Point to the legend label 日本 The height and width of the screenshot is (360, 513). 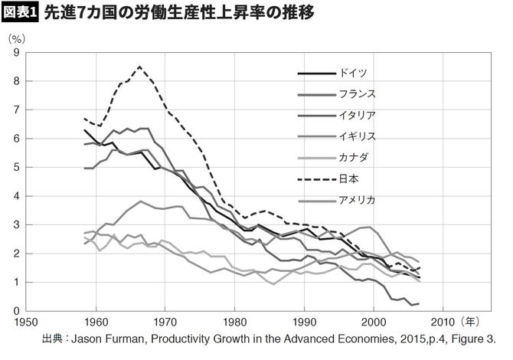pyautogui.click(x=345, y=180)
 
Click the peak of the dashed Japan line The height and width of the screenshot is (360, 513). pyautogui.click(x=139, y=67)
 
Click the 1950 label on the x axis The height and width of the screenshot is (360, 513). pyautogui.click(x=27, y=322)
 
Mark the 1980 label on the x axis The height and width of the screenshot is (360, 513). pyautogui.click(x=236, y=322)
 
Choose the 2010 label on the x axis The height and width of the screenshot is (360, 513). pyautogui.click(x=445, y=322)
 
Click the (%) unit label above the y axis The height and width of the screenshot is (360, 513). pyautogui.click(x=17, y=38)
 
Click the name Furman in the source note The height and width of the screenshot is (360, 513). pyautogui.click(x=131, y=339)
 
